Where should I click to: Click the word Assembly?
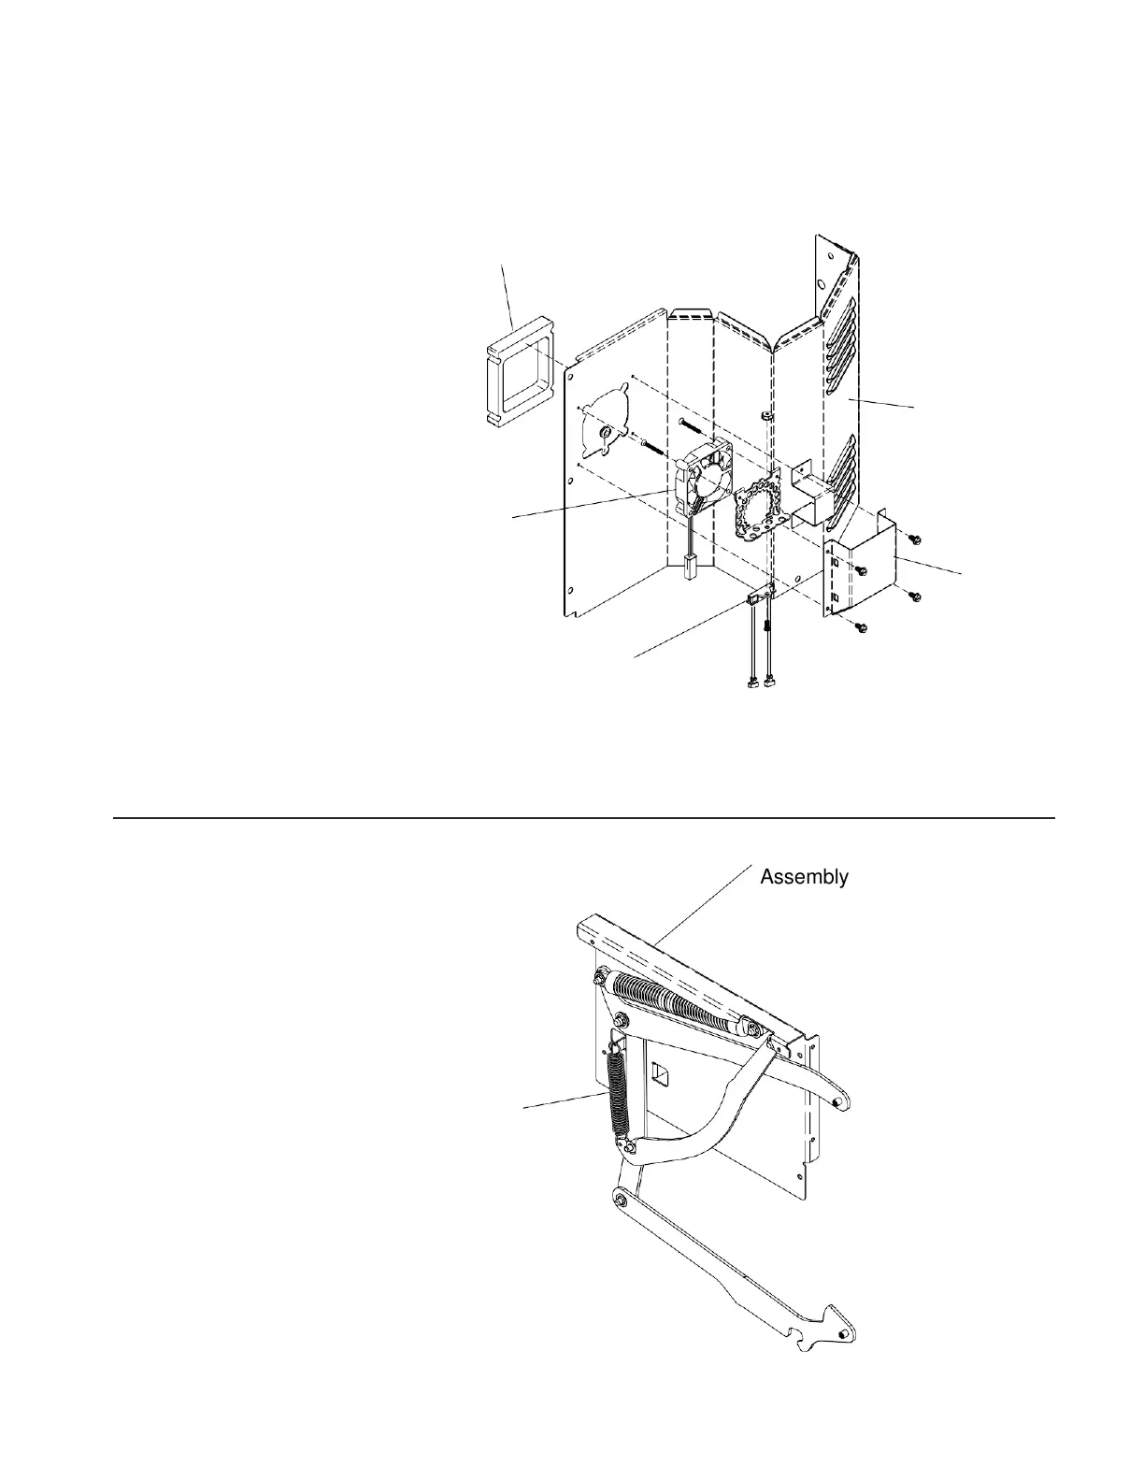[804, 877]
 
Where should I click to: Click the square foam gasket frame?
[520, 381]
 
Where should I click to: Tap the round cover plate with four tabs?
[607, 438]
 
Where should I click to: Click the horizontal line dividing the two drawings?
[584, 818]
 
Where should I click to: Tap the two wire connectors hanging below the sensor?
[760, 685]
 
